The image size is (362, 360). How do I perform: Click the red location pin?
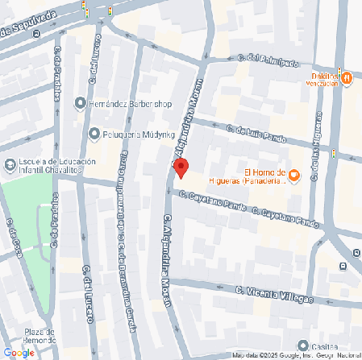(x=181, y=168)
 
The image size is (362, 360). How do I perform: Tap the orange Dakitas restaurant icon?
(x=347, y=78)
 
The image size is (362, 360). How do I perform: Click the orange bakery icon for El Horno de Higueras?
(x=294, y=175)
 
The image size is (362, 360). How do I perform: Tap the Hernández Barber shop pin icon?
(x=80, y=103)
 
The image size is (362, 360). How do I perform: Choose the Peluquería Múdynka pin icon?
(x=95, y=133)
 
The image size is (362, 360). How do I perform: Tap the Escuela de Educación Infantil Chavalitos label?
(x=56, y=166)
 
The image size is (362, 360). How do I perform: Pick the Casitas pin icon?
(x=302, y=346)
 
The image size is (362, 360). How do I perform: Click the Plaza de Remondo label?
(x=39, y=337)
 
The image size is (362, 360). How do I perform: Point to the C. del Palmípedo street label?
(x=267, y=60)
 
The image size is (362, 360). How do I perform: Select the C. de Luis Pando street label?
(x=256, y=134)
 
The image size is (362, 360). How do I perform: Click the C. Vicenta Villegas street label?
(x=274, y=294)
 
